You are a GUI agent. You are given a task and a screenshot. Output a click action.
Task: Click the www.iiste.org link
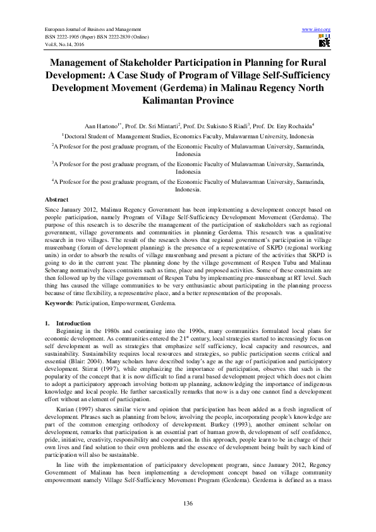click(x=317, y=30)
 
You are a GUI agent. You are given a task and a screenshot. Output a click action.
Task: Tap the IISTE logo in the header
click(x=324, y=41)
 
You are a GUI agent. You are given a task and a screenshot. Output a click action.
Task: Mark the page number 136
click(x=188, y=503)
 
